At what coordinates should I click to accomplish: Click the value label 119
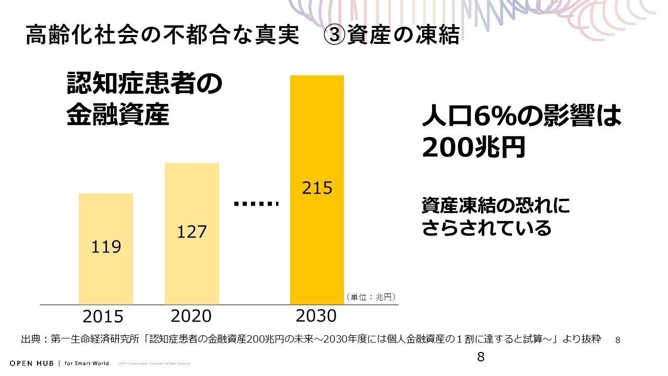tap(106, 246)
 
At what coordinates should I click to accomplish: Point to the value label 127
tap(192, 231)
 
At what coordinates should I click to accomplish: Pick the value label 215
tap(317, 188)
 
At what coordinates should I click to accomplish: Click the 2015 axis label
tap(103, 317)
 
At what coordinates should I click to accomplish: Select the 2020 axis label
tap(191, 316)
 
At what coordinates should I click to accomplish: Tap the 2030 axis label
tap(316, 316)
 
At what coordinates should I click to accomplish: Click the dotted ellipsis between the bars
tap(255, 204)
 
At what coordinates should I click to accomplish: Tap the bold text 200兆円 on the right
tap(473, 148)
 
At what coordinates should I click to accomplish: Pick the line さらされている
tap(486, 228)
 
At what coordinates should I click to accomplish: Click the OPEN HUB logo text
tap(32, 363)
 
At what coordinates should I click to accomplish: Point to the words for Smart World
tap(87, 363)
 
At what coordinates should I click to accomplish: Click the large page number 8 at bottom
tap(481, 357)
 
